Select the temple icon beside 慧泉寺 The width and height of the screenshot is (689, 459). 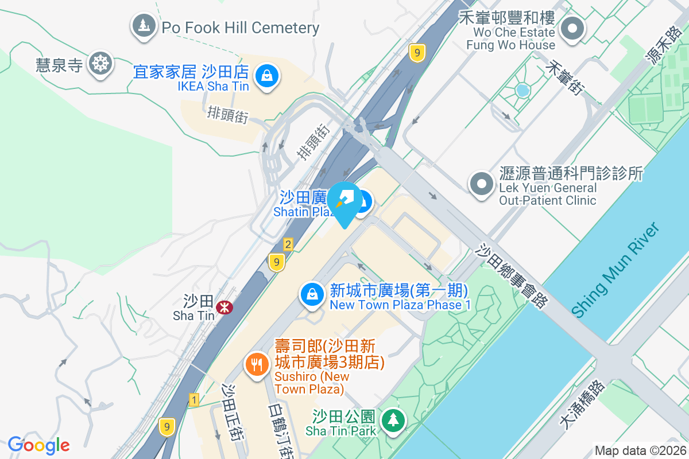click(x=100, y=63)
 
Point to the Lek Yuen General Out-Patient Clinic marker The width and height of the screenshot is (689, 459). click(x=481, y=184)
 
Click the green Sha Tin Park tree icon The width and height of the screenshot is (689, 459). click(x=393, y=420)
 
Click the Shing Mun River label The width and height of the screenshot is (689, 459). click(x=616, y=269)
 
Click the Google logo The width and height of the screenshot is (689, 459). click(x=38, y=445)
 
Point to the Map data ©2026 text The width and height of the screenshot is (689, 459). click(x=639, y=450)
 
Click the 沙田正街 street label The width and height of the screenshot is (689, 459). click(x=232, y=412)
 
